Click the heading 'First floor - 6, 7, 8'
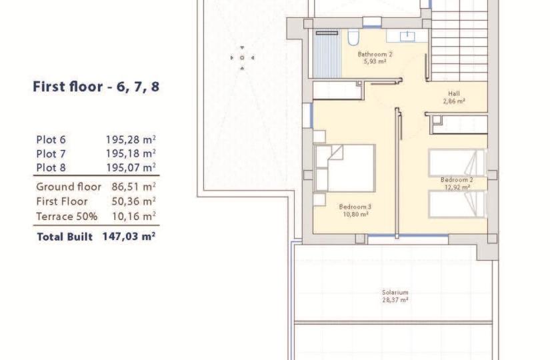(96, 87)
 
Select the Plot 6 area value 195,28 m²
(131, 139)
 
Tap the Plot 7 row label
(51, 154)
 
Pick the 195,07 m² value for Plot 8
(131, 167)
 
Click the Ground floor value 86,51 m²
(133, 187)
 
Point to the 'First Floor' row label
(62, 201)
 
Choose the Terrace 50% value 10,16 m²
(133, 217)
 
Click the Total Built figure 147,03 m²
(129, 237)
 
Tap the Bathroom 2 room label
(375, 54)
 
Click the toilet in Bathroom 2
(353, 37)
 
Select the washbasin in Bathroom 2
(407, 36)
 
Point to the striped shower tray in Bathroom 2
(327, 55)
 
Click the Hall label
(454, 94)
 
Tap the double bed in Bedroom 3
(345, 168)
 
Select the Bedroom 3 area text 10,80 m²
(355, 215)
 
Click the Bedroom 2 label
(457, 179)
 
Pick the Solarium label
(395, 292)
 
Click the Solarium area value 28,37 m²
(395, 300)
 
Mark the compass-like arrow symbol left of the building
(242, 58)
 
